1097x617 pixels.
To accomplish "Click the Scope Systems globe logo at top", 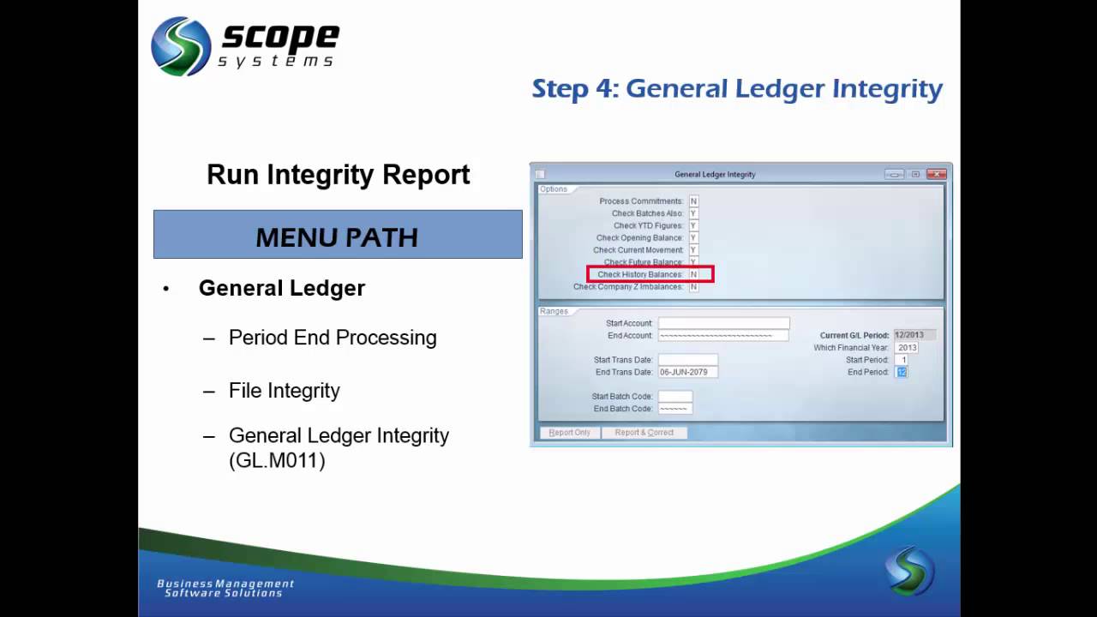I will [181, 46].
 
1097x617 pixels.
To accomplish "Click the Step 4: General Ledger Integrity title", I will [736, 89].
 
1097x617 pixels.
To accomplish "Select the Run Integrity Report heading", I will [338, 175].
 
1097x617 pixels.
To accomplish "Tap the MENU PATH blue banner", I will [338, 235].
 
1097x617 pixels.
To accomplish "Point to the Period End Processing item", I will [333, 338].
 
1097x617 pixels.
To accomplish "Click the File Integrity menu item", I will [285, 391].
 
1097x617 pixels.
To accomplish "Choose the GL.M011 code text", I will [277, 461].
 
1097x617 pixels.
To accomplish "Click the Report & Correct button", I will [644, 433].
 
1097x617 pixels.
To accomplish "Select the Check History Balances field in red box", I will [693, 275].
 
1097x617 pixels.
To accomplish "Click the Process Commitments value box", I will [693, 201].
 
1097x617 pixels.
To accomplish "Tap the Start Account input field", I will [723, 323].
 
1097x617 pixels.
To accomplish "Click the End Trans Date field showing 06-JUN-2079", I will [687, 372].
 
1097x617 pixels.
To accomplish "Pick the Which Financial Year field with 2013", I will [907, 348].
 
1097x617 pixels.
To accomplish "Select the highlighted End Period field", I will [902, 372].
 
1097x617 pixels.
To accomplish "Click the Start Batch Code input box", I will [674, 397].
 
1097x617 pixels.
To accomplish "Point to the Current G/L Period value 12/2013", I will [914, 335].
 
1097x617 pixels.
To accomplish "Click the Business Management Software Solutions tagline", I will [225, 588].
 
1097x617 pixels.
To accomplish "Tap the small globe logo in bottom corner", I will [909, 572].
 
